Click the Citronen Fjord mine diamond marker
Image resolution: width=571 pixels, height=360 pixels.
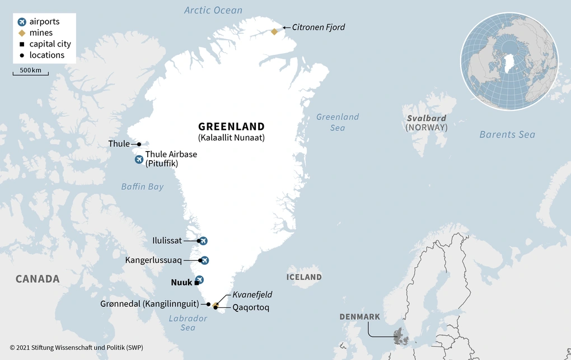[x=274, y=31]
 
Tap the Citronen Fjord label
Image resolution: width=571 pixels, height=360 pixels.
[x=319, y=27]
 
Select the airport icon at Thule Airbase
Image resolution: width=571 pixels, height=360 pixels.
[x=139, y=160]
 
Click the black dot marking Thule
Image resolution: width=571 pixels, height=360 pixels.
[x=139, y=144]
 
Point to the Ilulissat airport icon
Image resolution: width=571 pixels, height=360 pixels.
[x=203, y=241]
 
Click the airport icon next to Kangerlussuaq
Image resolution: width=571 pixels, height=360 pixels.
[x=204, y=260]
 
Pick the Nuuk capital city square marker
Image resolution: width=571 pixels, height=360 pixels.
[x=196, y=283]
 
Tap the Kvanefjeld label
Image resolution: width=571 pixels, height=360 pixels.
[x=252, y=294]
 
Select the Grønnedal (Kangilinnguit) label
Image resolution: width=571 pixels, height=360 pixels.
[x=149, y=304]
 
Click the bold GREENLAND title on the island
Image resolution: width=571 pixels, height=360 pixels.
[x=231, y=127]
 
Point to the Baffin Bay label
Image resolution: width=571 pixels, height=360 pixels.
[x=142, y=186]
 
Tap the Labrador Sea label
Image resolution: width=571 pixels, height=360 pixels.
[x=188, y=322]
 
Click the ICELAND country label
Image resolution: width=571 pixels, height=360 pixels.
[x=304, y=277]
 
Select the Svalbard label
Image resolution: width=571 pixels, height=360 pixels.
[x=427, y=118]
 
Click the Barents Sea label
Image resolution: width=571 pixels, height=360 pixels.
[x=507, y=134]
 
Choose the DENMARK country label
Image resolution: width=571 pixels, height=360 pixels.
[x=359, y=317]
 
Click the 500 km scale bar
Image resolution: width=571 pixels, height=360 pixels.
[x=31, y=73]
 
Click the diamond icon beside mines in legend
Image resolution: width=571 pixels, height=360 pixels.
[x=22, y=33]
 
